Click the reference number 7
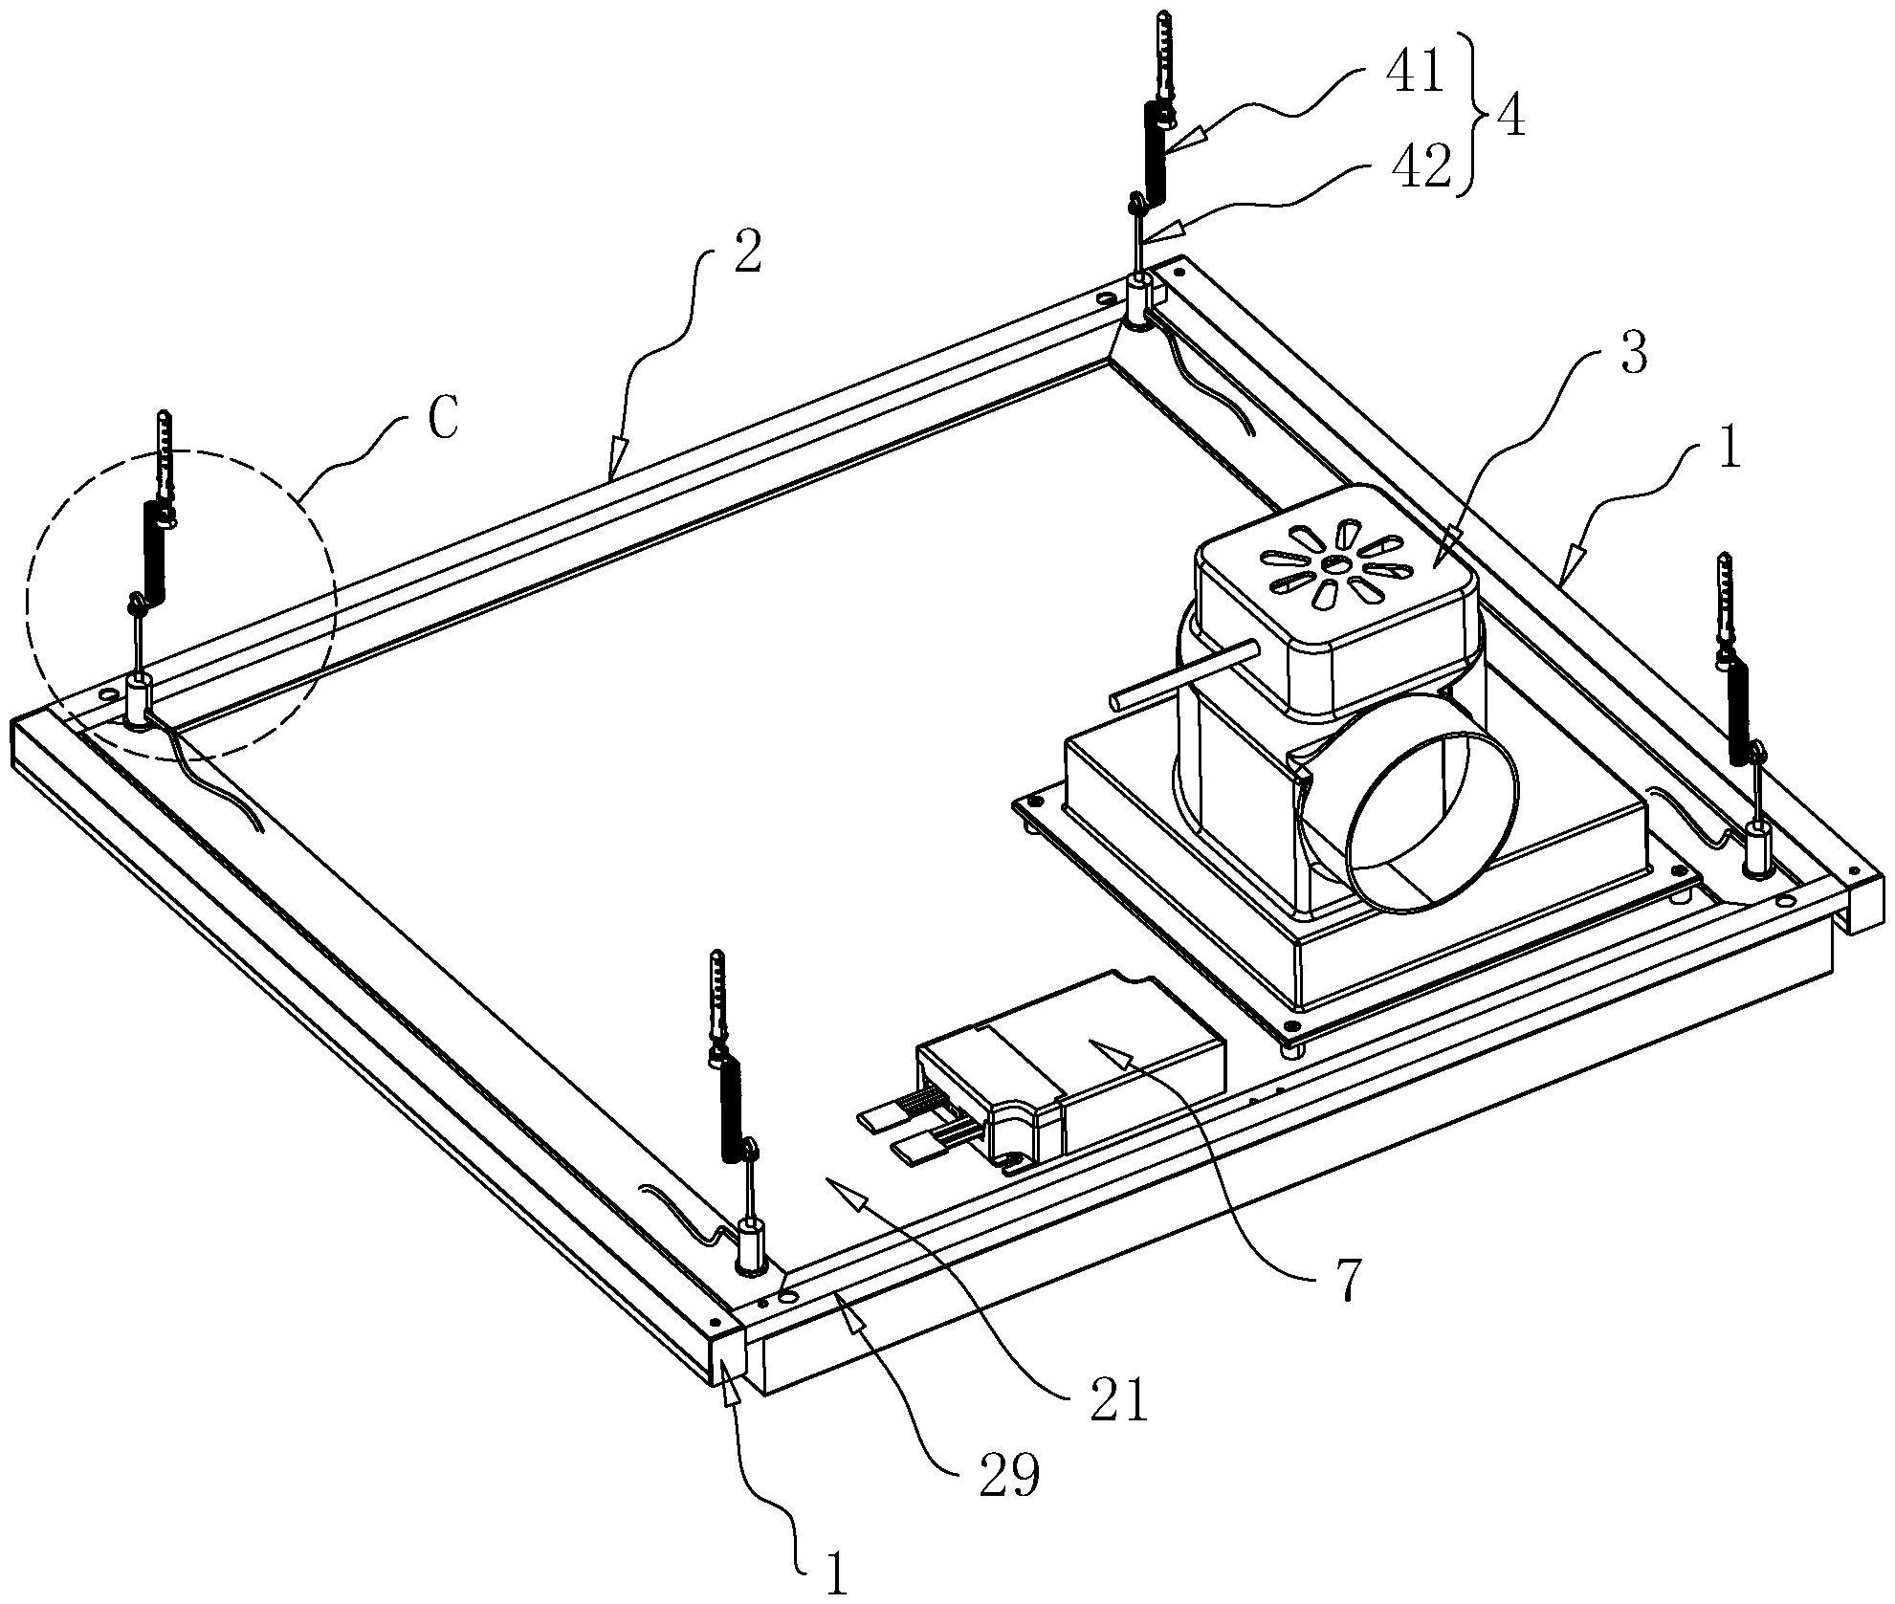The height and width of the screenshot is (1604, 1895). coord(1346,1283)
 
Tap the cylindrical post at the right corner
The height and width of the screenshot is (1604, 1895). coord(1756,846)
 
